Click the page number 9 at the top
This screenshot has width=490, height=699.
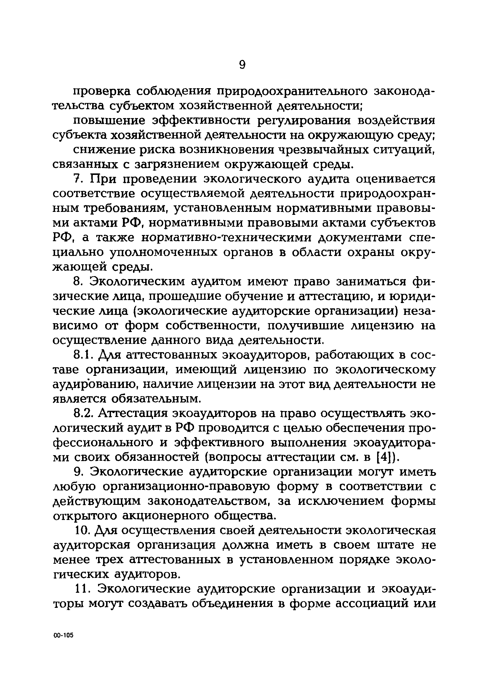coord(242,65)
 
